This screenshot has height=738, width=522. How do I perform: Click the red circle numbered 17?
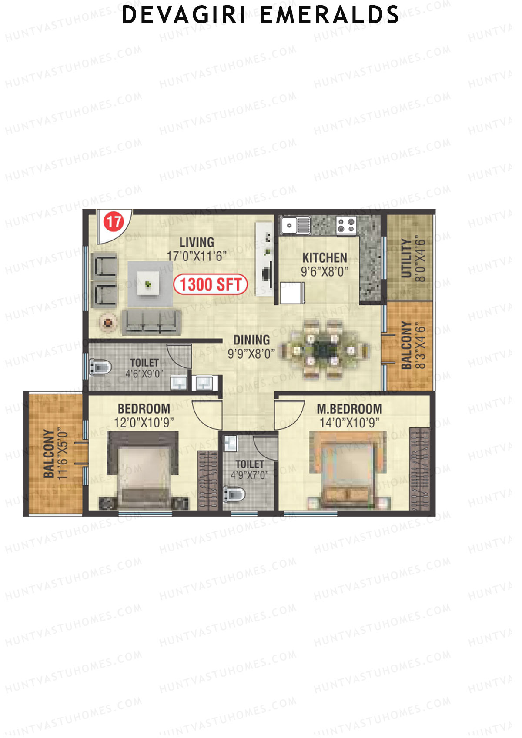pos(114,222)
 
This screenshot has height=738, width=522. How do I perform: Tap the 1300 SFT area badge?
pos(211,284)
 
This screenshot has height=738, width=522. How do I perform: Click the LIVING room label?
pos(197,242)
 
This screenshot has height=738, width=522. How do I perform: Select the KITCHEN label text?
pos(325,257)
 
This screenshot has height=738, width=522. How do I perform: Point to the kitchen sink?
pos(295,226)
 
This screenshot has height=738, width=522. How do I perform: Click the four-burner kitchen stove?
pos(346,225)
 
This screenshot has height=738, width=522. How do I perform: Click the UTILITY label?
pos(406,258)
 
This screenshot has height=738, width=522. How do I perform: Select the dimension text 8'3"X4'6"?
pos(420,346)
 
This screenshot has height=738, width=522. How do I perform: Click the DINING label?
pos(251,340)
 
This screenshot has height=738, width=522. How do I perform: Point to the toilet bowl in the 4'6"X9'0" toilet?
pos(100,367)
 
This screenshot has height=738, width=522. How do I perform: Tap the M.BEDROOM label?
pos(349,409)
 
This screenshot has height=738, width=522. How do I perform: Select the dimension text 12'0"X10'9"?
pos(144,423)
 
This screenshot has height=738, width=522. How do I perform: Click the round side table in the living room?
pos(108,323)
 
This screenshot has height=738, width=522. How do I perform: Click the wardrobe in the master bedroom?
pos(420,470)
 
